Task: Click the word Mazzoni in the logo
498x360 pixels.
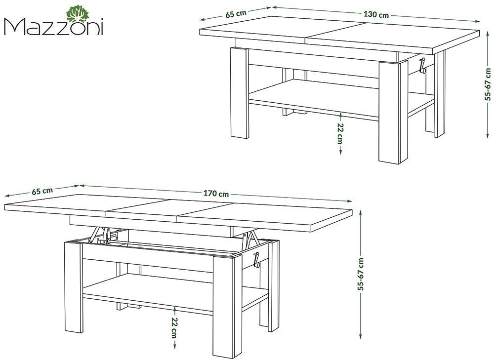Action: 53,28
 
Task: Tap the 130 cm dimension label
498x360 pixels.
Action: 376,15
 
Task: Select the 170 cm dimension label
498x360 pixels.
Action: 216,193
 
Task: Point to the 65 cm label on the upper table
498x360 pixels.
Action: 236,14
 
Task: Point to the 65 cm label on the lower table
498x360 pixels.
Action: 42,191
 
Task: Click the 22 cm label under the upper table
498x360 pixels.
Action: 340,134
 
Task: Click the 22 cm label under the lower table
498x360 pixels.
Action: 174,327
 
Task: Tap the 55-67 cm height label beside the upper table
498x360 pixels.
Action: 489,84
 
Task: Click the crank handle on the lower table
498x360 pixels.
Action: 256,260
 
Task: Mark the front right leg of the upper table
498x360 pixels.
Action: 393,112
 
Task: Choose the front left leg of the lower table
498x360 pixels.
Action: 73,287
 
